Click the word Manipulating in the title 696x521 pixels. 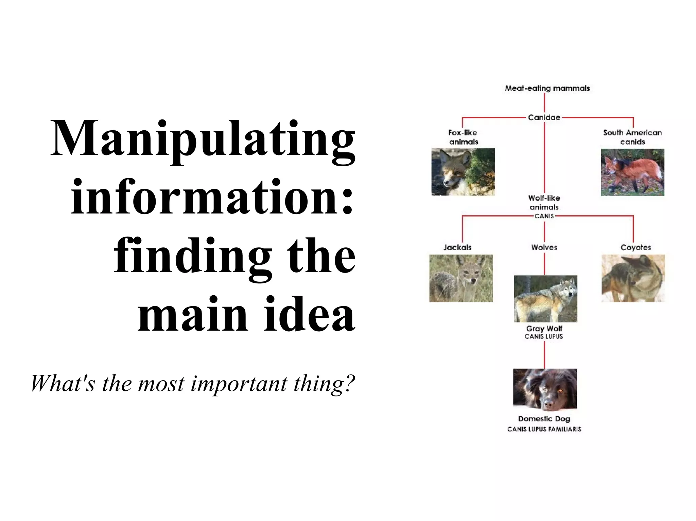tap(203, 140)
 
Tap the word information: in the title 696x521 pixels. tap(212, 198)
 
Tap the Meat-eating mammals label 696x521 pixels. tap(547, 88)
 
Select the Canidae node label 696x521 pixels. tap(544, 117)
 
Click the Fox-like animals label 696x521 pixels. tap(463, 137)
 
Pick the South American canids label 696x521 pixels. tap(632, 137)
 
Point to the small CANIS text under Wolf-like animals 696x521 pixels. tap(544, 216)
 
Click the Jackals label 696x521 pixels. tap(457, 247)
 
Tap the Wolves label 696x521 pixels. tap(544, 247)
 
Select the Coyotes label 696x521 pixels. tap(636, 247)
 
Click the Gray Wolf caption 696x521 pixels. tap(544, 329)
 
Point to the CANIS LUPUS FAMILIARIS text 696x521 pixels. tap(544, 429)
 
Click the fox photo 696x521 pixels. tap(463, 172)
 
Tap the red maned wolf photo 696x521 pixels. tap(632, 172)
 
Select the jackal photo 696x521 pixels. tap(461, 278)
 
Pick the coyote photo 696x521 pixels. tap(633, 278)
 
